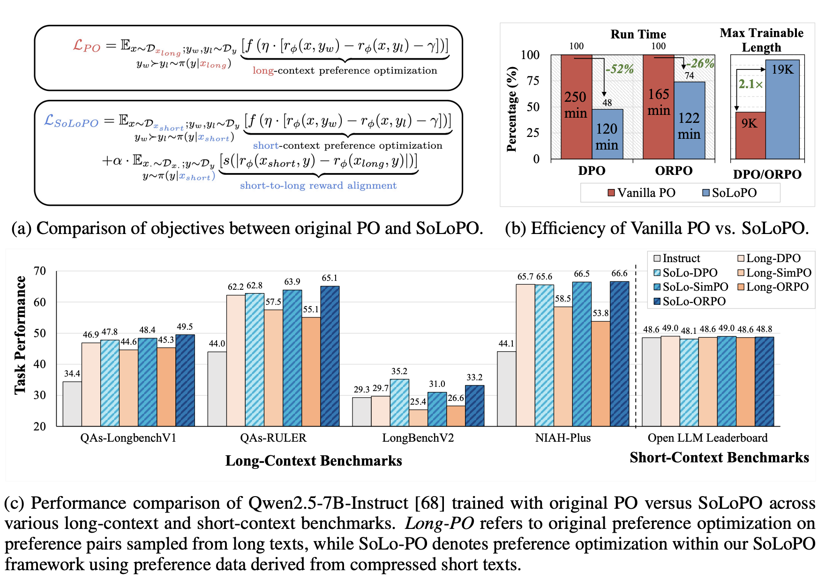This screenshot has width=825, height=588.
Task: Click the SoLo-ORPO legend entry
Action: [689, 302]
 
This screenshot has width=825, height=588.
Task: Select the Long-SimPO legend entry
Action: [774, 273]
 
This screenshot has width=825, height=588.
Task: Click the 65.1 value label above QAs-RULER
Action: [330, 278]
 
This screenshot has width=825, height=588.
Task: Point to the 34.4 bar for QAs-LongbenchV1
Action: [72, 403]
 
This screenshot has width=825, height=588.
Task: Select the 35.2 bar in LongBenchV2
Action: [399, 402]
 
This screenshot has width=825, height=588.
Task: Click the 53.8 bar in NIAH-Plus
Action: [600, 373]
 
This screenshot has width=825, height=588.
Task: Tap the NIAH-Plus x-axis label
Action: [562, 438]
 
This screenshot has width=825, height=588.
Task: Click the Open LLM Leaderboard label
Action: [707, 438]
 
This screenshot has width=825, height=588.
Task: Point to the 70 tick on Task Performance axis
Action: [40, 271]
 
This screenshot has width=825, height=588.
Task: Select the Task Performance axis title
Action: [20, 335]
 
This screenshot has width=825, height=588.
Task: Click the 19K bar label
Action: [782, 69]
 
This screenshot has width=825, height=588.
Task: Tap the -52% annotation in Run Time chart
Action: [619, 69]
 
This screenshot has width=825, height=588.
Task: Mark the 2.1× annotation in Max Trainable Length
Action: [750, 84]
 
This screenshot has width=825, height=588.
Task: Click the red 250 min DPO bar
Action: [576, 107]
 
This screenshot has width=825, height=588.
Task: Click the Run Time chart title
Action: [638, 34]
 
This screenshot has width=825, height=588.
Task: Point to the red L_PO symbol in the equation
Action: [87, 46]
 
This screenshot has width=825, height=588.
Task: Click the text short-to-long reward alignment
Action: [318, 186]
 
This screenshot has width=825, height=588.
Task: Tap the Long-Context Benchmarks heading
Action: [314, 461]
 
